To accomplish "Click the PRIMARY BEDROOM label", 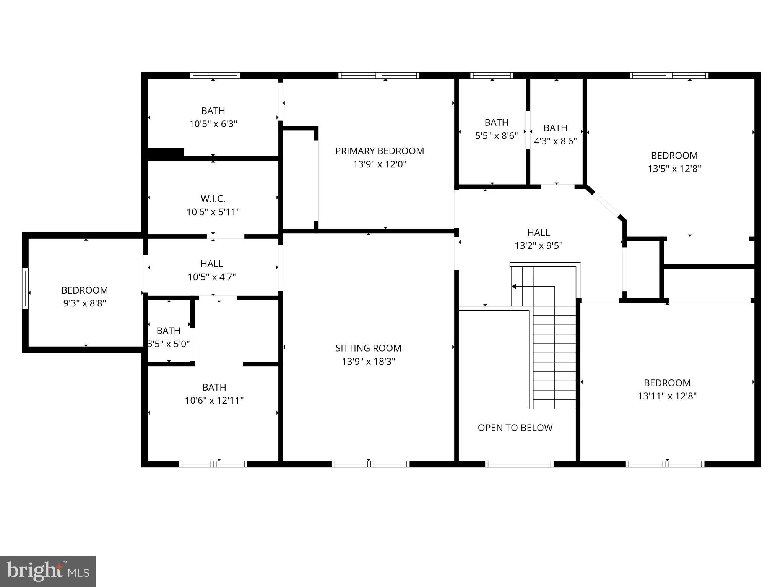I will tap(379, 151).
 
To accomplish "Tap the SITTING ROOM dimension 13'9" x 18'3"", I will tap(368, 362).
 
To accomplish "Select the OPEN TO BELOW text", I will tap(515, 428).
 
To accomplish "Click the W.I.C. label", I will tap(213, 199).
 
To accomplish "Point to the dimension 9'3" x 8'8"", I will tap(84, 303).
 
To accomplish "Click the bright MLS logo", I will tap(48, 571).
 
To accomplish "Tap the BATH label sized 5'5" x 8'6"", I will tap(496, 122).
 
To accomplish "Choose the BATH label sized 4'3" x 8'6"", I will tap(555, 128).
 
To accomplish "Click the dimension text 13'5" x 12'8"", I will tap(674, 169).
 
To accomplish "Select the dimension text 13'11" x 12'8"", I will tap(667, 396).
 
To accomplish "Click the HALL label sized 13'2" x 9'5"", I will tap(538, 232).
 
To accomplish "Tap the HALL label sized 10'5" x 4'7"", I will tap(211, 264).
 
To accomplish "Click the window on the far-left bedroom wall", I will tap(25, 289).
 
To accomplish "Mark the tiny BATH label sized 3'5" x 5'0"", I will tap(168, 331).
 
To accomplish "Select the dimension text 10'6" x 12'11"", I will tap(214, 401).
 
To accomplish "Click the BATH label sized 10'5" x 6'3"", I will tap(213, 111).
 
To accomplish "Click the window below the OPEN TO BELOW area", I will tap(519, 464).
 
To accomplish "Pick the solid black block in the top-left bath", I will tap(165, 153).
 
